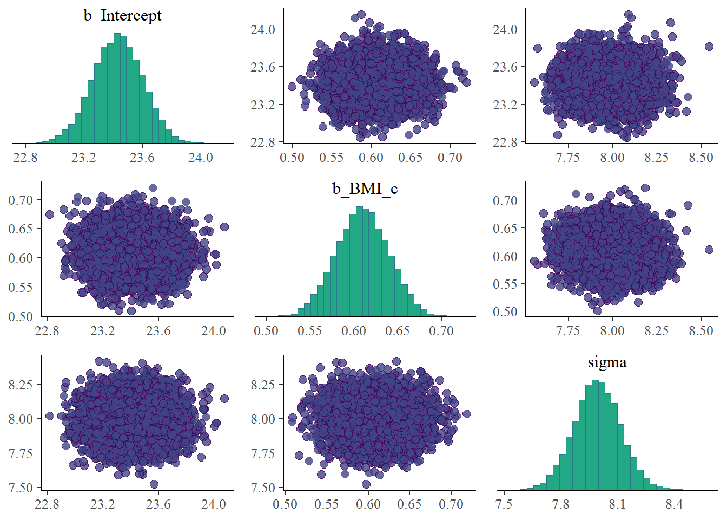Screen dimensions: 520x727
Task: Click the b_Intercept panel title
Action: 122,15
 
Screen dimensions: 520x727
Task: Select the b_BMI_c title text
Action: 365,188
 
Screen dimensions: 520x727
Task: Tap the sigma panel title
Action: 607,362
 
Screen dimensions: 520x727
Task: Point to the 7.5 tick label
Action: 504,504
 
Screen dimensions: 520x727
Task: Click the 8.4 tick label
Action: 674,504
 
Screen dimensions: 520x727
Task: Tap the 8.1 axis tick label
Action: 617,504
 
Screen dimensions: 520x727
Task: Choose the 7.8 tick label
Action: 561,504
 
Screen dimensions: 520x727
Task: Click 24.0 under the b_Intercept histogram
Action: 200,158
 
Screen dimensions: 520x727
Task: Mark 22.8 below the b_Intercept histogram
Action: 25,158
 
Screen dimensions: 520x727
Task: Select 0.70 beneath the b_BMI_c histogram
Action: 441,331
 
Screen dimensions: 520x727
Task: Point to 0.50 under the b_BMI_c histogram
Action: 266,331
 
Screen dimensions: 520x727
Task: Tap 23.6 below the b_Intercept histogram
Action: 142,158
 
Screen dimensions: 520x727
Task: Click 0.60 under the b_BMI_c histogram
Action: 354,331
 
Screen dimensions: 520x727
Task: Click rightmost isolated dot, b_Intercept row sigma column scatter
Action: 709,47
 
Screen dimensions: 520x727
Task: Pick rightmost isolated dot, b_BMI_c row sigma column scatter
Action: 709,250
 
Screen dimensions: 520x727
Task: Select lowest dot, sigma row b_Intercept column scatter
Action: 154,484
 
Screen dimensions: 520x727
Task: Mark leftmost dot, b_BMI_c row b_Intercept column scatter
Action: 50,214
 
